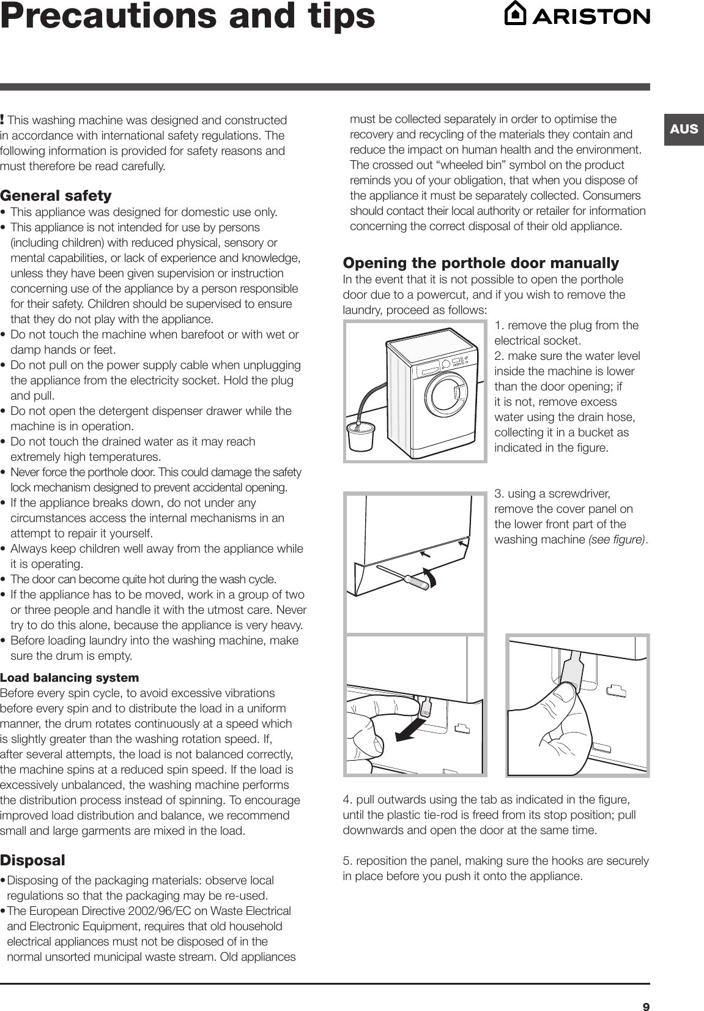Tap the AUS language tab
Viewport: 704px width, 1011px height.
tap(683, 129)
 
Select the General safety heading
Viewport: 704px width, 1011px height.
tap(56, 196)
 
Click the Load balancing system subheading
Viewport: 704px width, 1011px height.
tap(70, 677)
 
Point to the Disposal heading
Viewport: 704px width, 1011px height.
tap(32, 860)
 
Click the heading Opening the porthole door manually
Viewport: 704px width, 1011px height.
tap(481, 263)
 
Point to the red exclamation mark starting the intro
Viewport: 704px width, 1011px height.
tap(3, 118)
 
